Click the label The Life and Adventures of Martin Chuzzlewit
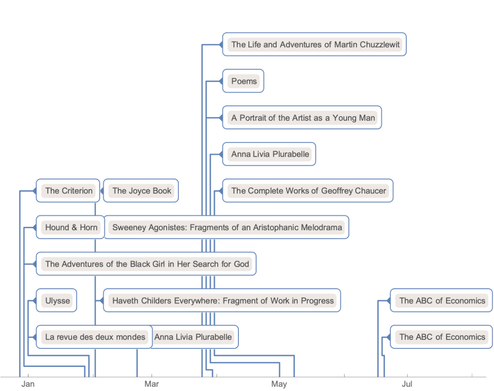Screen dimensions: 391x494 315,44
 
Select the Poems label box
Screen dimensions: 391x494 244,81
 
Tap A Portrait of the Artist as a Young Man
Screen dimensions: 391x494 303,118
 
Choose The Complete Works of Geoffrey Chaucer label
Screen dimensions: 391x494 308,191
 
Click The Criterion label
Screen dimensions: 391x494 69,191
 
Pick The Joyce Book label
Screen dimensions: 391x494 142,191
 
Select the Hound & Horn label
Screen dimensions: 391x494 71,227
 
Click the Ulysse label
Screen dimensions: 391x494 58,300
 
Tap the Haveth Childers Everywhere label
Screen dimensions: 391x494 223,300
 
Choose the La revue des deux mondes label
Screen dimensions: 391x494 95,337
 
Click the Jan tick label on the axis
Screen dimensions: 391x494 28,384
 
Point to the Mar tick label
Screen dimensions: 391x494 152,384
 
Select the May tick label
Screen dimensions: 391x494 279,384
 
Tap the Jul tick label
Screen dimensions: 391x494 407,384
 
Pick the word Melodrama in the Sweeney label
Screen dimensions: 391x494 321,227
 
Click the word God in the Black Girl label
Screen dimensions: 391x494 241,264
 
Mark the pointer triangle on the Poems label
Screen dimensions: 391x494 220,81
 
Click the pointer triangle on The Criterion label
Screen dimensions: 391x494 34,191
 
